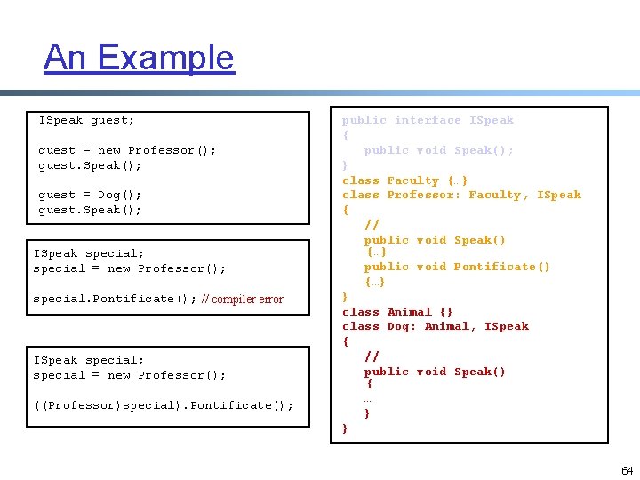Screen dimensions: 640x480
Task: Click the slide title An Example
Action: tap(139, 58)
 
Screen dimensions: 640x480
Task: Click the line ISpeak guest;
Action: tap(87, 120)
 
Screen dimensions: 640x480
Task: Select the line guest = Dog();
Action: tap(90, 195)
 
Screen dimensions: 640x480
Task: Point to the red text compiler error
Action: tap(242, 300)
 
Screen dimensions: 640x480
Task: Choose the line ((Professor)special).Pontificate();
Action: tap(164, 406)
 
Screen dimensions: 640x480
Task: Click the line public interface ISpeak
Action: tap(428, 120)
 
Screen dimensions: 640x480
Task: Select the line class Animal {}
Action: tap(397, 312)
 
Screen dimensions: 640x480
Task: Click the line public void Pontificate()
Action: tap(457, 267)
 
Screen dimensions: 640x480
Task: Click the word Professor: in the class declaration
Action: tap(424, 195)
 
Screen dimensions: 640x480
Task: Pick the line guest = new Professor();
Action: tap(127, 150)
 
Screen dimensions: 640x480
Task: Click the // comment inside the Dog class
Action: tap(372, 356)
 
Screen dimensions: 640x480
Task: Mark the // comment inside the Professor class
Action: tap(372, 225)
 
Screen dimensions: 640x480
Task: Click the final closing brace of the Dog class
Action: tap(346, 428)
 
